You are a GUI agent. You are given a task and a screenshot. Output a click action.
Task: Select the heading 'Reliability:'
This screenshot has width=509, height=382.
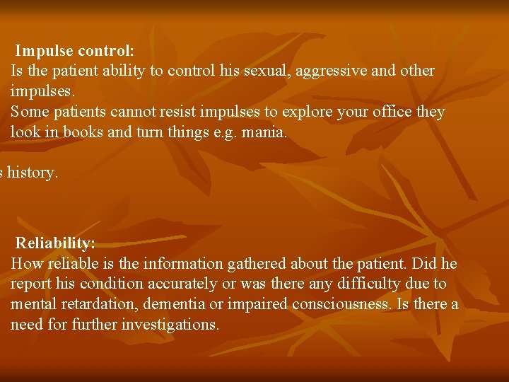pos(56,243)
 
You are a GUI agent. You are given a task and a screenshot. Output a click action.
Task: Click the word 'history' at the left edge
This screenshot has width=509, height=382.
pos(32,173)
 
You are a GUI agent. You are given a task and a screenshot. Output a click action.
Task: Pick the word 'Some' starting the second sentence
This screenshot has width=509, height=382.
pos(30,112)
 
